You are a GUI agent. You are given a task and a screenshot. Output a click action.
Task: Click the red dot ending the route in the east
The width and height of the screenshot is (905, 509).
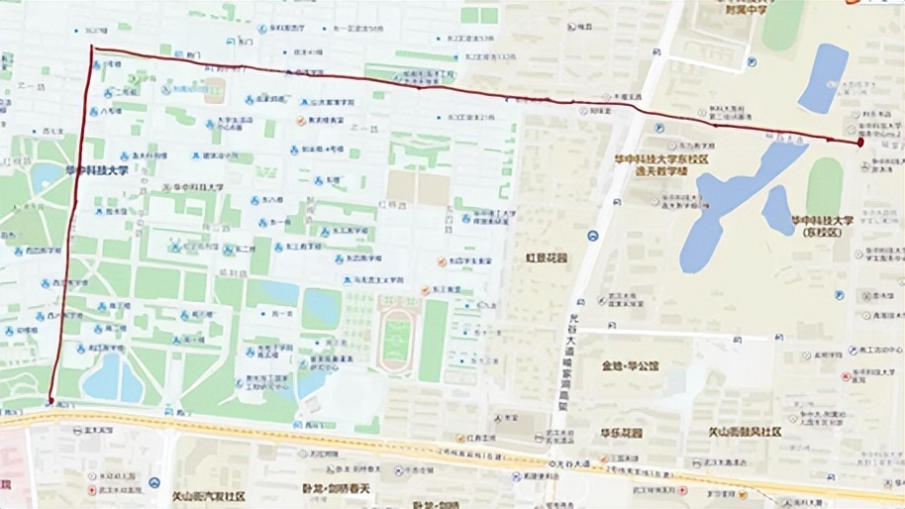pos(860,143)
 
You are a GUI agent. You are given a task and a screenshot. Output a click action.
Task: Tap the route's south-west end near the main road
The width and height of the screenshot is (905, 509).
pos(50,401)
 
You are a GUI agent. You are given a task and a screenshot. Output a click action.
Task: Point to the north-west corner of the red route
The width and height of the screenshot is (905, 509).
pos(92,48)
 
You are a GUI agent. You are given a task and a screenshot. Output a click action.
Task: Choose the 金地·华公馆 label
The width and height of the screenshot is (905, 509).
pos(629,364)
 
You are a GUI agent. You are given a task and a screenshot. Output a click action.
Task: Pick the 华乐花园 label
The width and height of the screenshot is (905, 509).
pos(621,433)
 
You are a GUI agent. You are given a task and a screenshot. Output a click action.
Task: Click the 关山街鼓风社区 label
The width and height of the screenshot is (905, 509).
pos(746,433)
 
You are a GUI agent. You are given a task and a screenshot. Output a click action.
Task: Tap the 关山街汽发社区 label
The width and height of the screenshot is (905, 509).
pos(208,495)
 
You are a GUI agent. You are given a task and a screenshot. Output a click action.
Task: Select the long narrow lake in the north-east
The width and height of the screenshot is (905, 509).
pos(824,77)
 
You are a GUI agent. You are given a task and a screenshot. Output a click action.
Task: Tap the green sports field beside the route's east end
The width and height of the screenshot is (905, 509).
pos(824,188)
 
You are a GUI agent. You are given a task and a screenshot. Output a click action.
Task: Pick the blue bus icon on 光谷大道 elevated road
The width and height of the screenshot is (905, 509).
pos(592,236)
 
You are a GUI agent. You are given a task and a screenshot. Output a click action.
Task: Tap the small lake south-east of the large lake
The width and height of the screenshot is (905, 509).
pos(778,210)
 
